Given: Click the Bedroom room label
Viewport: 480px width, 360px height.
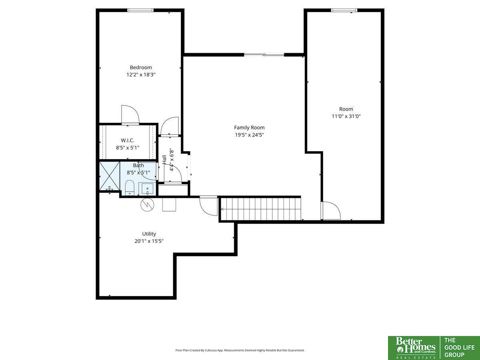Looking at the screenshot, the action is pos(141,67).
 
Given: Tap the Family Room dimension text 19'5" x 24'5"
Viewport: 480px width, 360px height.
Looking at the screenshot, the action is pos(249,135).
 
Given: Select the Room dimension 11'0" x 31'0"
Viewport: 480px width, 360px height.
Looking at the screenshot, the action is pos(346,116).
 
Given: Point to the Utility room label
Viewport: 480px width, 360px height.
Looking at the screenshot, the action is pos(149,234).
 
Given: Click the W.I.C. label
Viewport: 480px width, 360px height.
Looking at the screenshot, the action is pos(128,140).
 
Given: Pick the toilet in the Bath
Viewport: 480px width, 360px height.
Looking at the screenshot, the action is pos(130,188).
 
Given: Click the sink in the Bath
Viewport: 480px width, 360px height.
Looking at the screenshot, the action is pos(148,189).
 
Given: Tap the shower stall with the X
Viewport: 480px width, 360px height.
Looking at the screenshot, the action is pos(110,176).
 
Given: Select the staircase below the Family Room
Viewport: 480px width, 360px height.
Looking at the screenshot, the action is pos(261,209).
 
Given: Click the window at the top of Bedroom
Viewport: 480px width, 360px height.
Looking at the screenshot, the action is pos(140,10).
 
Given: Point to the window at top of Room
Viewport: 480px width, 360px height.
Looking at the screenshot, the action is pos(344,10).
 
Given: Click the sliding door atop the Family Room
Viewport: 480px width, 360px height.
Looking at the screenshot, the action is pos(264,55).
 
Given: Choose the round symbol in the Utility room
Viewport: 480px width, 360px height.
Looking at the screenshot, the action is pos(147,204).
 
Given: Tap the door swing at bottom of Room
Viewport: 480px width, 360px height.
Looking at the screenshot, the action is pos(331,210).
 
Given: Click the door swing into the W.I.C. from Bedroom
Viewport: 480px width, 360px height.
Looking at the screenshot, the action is pos(130,115).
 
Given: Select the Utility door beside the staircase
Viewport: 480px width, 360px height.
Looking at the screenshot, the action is pos(209,206).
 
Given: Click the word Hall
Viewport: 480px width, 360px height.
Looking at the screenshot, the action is pos(164,160).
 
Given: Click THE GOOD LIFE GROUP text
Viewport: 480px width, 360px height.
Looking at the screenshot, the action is pos(459,348).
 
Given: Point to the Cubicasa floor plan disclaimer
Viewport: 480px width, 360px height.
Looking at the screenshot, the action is pos(240,350).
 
